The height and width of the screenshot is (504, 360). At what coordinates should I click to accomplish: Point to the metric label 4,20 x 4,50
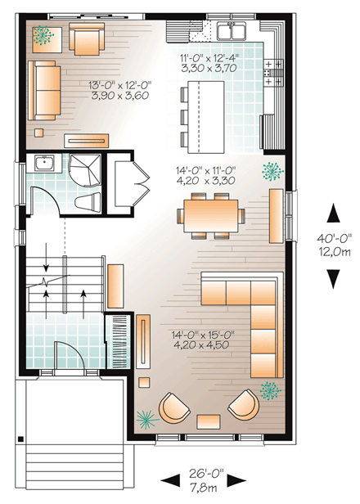pos(203,346)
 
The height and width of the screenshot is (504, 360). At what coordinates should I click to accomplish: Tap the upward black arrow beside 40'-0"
pos(333,214)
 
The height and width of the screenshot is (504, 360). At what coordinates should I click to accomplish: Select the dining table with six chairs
pos(211,217)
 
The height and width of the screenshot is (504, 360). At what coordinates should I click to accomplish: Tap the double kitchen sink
pos(235,33)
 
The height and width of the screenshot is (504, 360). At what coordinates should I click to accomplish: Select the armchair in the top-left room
pos(86,38)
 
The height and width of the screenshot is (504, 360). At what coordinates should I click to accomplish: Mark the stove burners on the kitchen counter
pos(272,69)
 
